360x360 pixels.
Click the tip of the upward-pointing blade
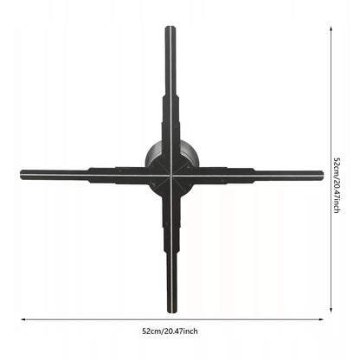point(170,27)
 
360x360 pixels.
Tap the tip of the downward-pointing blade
point(171,312)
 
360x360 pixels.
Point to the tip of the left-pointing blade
point(21,175)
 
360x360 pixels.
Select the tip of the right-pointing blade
point(323,175)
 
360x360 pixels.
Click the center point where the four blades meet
point(171,176)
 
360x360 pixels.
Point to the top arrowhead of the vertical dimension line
point(331,29)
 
